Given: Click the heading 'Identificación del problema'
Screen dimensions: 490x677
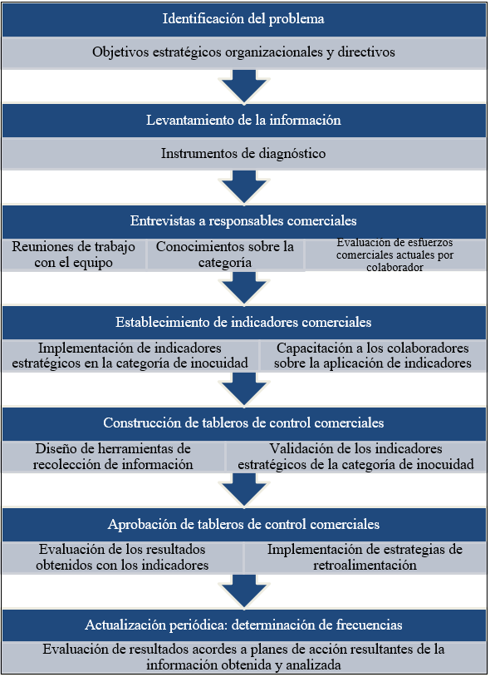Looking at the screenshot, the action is (243, 19).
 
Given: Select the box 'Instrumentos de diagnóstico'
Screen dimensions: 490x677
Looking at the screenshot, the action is (243, 154).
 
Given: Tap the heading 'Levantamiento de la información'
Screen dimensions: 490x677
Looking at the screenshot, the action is (243, 120).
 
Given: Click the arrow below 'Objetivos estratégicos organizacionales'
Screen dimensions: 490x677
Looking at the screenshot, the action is (244, 86).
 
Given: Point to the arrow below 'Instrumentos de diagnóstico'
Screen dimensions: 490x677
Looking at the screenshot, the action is (244, 187).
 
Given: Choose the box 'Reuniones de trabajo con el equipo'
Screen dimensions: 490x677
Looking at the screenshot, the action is (74, 254).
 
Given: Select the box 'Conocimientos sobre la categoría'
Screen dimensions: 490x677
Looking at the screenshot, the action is (225, 254).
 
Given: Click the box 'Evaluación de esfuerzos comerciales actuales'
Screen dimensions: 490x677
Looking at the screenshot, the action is (395, 254).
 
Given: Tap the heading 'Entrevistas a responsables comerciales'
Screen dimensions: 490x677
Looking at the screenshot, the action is (243, 220).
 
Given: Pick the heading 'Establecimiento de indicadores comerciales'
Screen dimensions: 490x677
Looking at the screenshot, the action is (243, 322).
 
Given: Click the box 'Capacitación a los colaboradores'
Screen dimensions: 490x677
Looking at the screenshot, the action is (373, 355).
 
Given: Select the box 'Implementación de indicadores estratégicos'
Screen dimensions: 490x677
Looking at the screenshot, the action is (130, 355).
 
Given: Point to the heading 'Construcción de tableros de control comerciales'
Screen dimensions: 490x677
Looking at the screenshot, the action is (243, 423).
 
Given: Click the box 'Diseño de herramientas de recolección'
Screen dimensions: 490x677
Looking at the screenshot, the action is (113, 457).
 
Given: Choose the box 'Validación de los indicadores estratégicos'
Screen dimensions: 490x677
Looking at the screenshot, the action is (356, 457).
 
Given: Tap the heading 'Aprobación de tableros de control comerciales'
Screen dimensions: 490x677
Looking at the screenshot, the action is (243, 524).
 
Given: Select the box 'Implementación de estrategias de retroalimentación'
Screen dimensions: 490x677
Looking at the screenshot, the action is (365, 557).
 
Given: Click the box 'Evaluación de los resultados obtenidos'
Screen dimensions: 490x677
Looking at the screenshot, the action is (122, 557).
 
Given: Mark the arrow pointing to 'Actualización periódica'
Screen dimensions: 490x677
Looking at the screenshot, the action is (244, 591).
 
